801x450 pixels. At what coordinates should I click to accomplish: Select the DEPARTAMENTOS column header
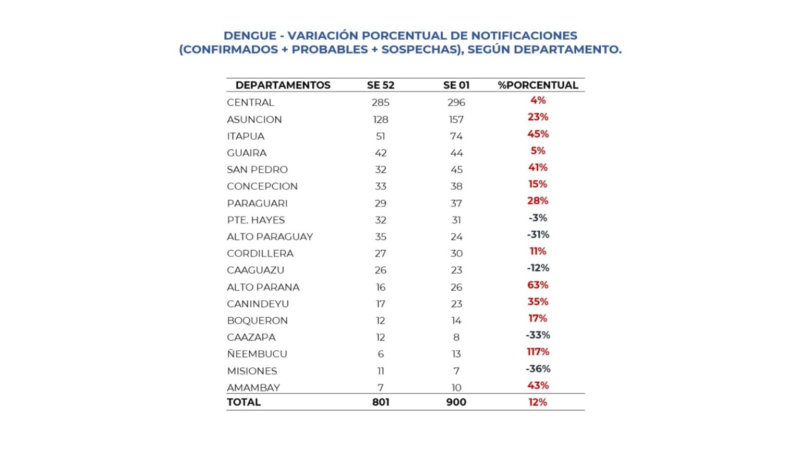(x=283, y=85)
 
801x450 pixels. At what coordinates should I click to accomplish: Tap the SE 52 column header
(x=381, y=85)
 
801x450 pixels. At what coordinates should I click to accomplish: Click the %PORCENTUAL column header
(x=538, y=85)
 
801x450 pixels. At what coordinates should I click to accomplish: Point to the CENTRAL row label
(x=250, y=103)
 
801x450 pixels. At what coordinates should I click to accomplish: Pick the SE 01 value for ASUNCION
(x=456, y=119)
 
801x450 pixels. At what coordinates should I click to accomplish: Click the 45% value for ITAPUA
(x=538, y=134)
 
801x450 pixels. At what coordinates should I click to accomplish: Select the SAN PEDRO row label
(x=257, y=169)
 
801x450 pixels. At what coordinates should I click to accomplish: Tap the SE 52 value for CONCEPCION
(x=381, y=186)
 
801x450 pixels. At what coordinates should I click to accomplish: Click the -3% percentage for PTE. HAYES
(x=538, y=218)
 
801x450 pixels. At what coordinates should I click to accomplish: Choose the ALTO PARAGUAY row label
(x=270, y=236)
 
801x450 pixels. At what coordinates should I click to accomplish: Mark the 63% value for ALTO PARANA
(x=538, y=285)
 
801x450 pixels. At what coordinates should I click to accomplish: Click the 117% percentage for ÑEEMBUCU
(x=538, y=352)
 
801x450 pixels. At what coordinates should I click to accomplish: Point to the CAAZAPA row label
(x=251, y=337)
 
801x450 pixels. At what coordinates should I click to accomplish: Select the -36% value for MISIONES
(x=538, y=369)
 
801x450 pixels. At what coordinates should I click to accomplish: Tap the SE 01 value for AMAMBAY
(x=456, y=387)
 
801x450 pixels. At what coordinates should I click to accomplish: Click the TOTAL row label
(x=244, y=402)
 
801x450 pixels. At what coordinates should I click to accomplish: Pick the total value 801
(x=381, y=402)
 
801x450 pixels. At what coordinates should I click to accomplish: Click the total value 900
(x=456, y=402)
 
